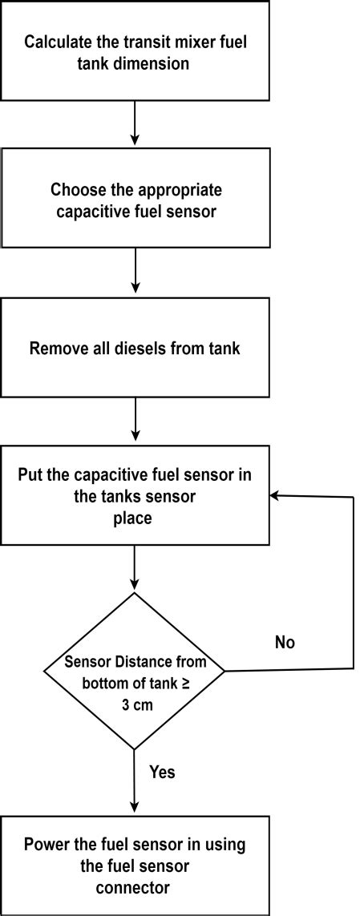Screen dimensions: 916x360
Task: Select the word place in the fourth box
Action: (x=135, y=519)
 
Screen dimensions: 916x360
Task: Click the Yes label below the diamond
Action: (x=163, y=773)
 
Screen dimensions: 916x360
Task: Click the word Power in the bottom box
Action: (x=45, y=844)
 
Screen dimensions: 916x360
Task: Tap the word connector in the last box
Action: (x=135, y=887)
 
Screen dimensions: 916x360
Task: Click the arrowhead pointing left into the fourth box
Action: (x=275, y=496)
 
